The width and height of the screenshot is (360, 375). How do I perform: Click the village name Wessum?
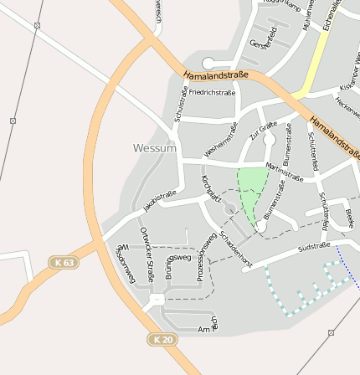155,148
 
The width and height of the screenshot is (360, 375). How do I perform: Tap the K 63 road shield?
63,263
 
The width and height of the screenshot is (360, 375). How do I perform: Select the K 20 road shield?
163,339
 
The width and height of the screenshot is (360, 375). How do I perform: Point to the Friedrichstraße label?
212,92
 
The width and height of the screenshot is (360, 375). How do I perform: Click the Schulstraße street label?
178,105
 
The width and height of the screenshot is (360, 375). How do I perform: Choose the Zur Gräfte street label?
262,131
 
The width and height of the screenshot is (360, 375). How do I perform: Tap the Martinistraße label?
284,171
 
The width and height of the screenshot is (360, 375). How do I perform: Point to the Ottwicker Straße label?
147,253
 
